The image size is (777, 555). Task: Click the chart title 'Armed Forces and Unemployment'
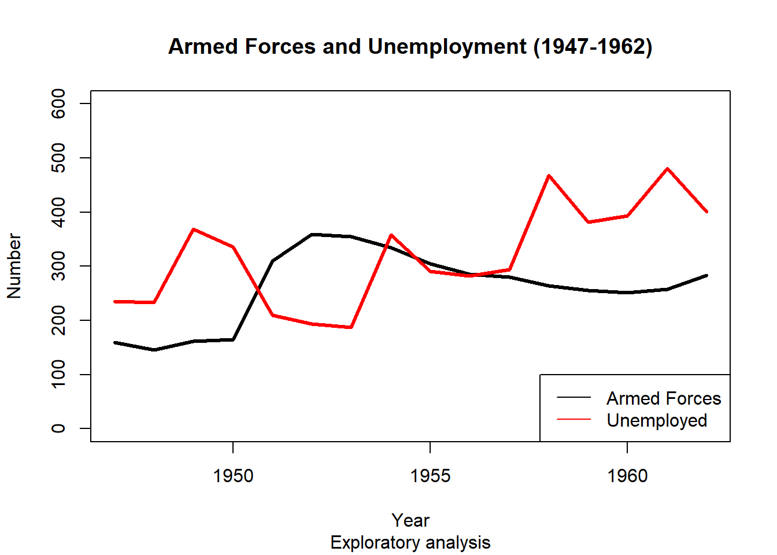(410, 46)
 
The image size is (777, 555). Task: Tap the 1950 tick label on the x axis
(233, 476)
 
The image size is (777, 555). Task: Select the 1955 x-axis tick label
(430, 476)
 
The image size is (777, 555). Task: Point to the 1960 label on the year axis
(627, 476)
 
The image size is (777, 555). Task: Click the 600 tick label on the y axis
(58, 103)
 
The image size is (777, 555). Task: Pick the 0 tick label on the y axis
(58, 428)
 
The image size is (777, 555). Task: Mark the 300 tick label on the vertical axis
(58, 266)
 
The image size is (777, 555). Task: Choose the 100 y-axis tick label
(58, 375)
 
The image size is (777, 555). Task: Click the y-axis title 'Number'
(14, 266)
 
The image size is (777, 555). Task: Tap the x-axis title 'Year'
(410, 520)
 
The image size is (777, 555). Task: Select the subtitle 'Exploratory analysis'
(410, 543)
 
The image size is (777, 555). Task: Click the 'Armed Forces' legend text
(664, 398)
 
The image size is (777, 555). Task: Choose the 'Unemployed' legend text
(657, 420)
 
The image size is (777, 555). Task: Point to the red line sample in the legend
(573, 419)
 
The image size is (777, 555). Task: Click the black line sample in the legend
(573, 397)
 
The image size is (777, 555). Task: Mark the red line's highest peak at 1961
(667, 169)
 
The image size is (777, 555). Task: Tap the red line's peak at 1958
(549, 176)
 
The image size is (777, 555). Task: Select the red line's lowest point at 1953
(351, 327)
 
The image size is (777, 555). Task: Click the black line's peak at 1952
(312, 235)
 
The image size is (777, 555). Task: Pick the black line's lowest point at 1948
(154, 350)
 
